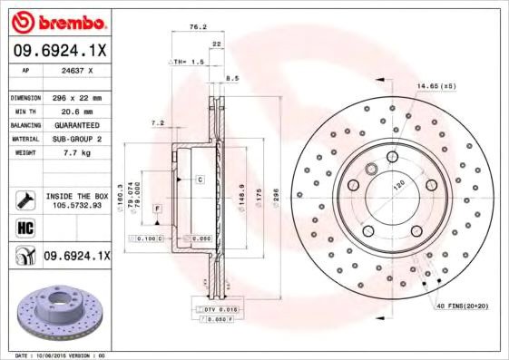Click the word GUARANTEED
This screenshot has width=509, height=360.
77,124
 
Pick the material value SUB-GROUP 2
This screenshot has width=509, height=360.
77,139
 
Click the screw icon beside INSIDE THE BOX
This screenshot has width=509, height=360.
24,199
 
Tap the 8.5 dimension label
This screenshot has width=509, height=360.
232,79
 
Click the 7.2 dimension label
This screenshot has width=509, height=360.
157,123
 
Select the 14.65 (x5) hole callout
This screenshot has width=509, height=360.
436,86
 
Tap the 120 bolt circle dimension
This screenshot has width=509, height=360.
396,185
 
